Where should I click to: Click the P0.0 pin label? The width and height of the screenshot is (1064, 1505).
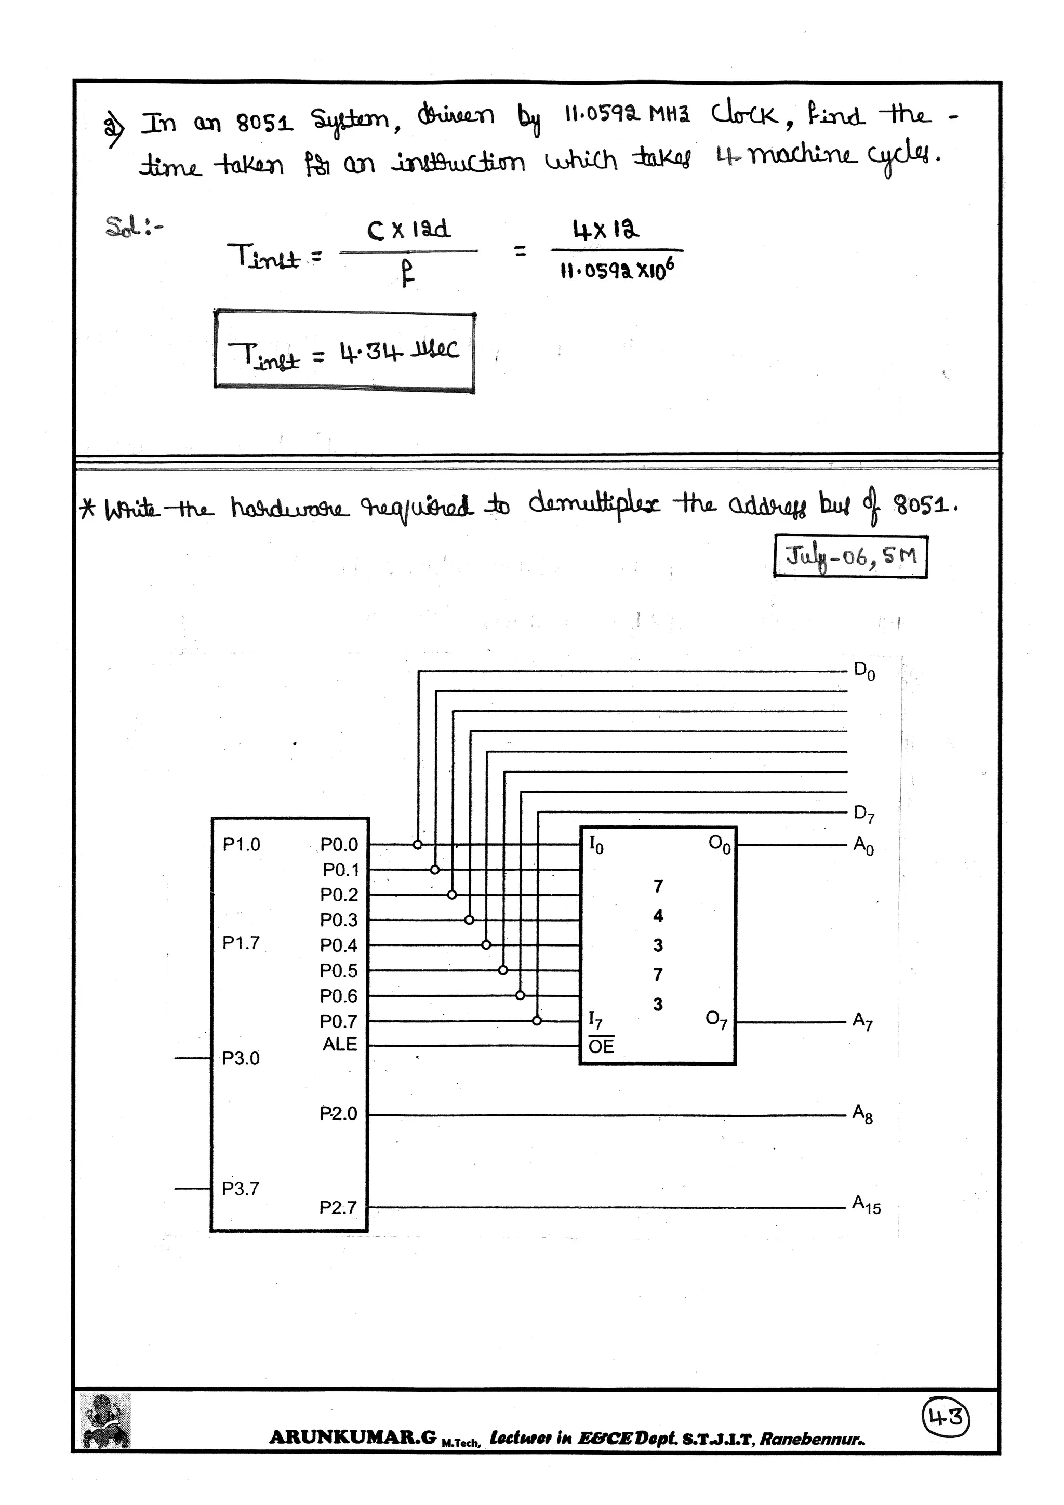click(339, 844)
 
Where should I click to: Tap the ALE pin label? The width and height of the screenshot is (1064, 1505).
click(340, 1044)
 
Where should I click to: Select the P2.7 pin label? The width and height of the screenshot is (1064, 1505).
click(338, 1207)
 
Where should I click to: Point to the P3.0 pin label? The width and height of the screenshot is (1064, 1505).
click(241, 1059)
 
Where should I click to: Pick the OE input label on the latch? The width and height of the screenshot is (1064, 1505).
click(601, 1046)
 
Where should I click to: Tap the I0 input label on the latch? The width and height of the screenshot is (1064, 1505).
click(596, 845)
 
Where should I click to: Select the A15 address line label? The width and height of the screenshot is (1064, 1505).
click(866, 1205)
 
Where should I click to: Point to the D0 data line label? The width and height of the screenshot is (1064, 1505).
click(864, 671)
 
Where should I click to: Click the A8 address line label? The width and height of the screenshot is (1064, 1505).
click(863, 1114)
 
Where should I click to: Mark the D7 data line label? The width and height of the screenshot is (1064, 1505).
click(864, 815)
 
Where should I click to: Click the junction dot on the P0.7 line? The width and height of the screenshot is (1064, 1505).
click(537, 1021)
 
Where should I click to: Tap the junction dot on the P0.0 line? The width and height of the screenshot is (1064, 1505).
click(418, 844)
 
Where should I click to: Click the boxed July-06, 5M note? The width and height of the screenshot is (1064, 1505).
click(850, 556)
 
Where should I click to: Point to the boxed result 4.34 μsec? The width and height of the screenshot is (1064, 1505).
click(344, 353)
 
